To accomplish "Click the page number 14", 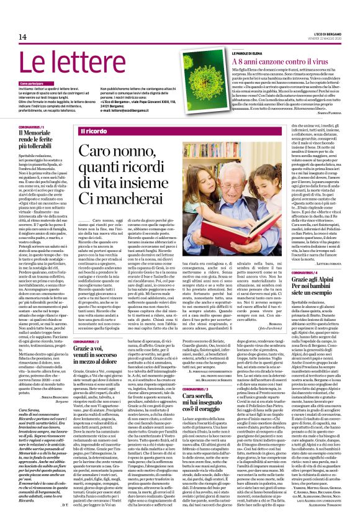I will click(x=22, y=37).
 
